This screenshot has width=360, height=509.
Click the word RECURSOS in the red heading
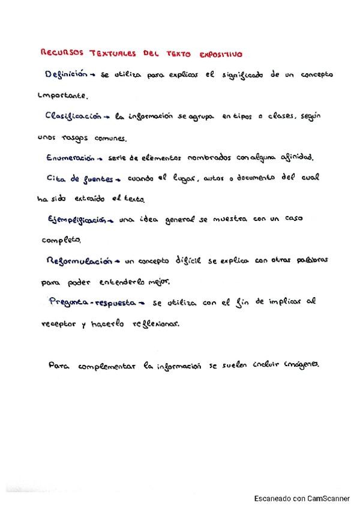pyautogui.click(x=62, y=53)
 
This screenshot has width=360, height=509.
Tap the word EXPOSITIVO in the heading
pyautogui.click(x=219, y=54)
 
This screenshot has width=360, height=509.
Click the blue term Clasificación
pyautogui.click(x=71, y=116)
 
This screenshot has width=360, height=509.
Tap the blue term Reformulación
pyautogui.click(x=79, y=261)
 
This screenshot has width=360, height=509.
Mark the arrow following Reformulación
pyautogui.click(x=118, y=262)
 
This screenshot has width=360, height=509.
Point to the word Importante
pyautogui.click(x=62, y=95)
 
